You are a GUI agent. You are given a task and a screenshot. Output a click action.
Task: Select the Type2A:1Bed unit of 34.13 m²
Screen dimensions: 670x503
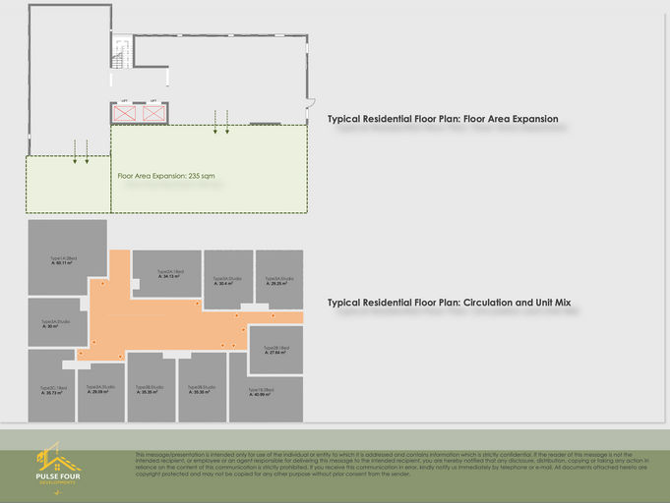[x=165, y=273]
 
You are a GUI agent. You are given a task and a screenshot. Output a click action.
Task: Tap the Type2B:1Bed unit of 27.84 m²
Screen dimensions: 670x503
[x=275, y=350]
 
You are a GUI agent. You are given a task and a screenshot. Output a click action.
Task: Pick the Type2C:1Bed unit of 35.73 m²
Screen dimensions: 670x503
[x=54, y=390]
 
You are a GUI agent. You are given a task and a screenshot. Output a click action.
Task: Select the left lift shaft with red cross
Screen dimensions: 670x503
[x=125, y=113]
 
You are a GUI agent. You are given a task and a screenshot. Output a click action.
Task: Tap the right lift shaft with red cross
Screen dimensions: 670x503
[x=154, y=113]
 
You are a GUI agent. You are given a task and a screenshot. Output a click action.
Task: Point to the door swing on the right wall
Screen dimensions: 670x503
[x=310, y=102]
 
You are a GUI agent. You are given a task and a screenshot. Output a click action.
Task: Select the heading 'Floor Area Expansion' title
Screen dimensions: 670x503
[x=443, y=119]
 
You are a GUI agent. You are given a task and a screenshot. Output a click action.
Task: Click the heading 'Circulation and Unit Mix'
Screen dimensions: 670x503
[x=449, y=303]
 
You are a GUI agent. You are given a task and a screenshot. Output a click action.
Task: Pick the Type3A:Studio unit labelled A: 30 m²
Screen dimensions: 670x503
[x=57, y=324]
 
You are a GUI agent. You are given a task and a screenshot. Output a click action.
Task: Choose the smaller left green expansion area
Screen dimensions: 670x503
[x=67, y=184]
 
